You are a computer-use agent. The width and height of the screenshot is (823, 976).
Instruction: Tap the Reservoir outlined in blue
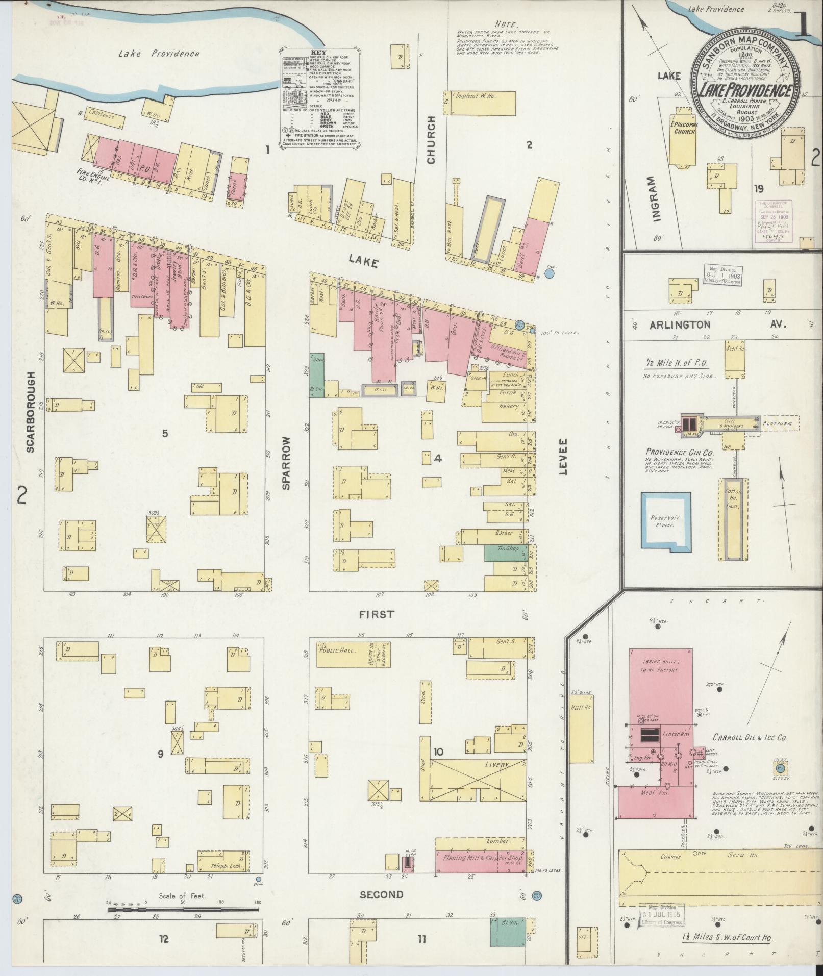click(x=666, y=521)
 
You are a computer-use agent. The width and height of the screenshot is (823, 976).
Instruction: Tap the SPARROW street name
click(x=286, y=463)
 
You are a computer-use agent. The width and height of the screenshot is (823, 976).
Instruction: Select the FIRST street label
click(x=377, y=615)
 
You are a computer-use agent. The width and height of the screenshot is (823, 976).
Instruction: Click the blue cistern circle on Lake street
click(x=550, y=274)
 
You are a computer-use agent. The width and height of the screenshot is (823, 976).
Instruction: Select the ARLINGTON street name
click(x=680, y=324)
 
